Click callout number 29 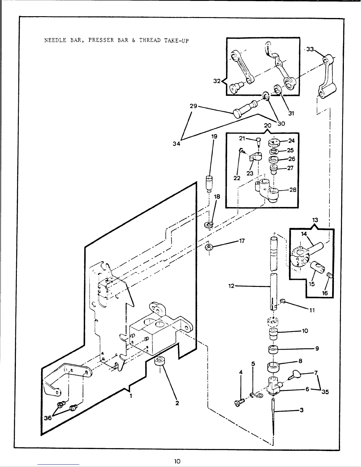193,106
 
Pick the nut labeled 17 209,246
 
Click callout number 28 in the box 293,190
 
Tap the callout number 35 325,392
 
